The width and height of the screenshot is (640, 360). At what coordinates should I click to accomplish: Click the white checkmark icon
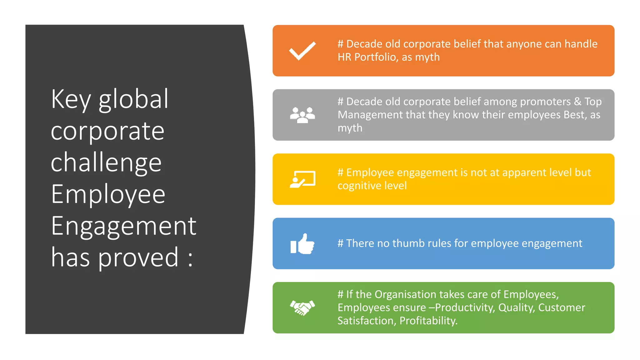(302, 51)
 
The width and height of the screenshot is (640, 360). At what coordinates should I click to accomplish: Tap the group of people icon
(302, 115)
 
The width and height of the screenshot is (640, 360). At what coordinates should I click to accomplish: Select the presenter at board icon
(302, 179)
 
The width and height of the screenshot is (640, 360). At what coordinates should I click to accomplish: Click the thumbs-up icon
(302, 244)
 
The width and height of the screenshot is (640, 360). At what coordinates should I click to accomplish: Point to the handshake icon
(302, 308)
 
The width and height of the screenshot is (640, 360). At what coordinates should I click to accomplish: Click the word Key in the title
(71, 99)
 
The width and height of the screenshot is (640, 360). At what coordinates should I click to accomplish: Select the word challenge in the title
(106, 163)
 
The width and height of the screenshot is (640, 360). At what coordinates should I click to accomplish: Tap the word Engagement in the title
(123, 226)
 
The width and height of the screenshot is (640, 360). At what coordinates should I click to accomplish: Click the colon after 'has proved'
(190, 259)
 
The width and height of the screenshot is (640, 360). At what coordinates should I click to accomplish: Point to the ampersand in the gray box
(577, 102)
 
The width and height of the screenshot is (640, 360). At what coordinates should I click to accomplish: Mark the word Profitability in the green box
(428, 321)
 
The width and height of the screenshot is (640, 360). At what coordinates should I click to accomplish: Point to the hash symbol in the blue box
(340, 243)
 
